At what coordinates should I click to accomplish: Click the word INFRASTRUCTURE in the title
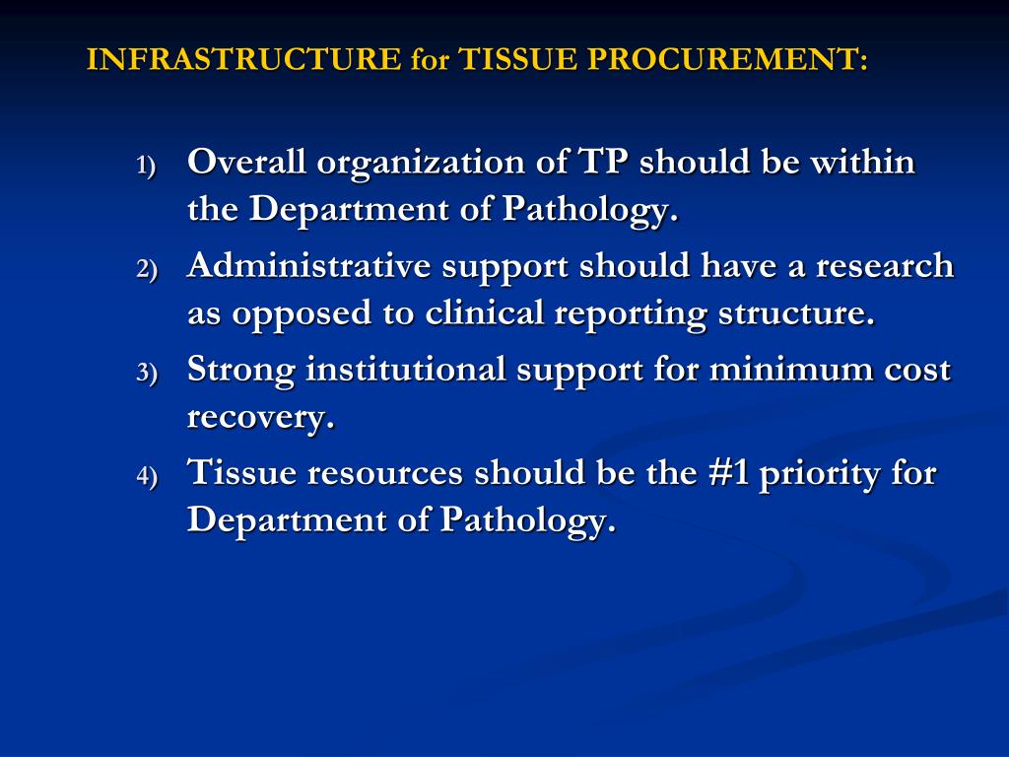[x=243, y=60]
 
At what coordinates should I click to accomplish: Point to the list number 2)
[x=146, y=270]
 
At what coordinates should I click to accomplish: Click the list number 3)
[x=146, y=374]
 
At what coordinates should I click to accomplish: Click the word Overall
[x=246, y=162]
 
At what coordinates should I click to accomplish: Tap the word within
[x=862, y=162]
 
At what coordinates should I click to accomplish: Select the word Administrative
[x=309, y=266]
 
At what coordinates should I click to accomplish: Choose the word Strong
[x=241, y=371]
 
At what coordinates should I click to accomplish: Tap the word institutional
[x=406, y=371]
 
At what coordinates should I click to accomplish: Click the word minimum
[x=784, y=371]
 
